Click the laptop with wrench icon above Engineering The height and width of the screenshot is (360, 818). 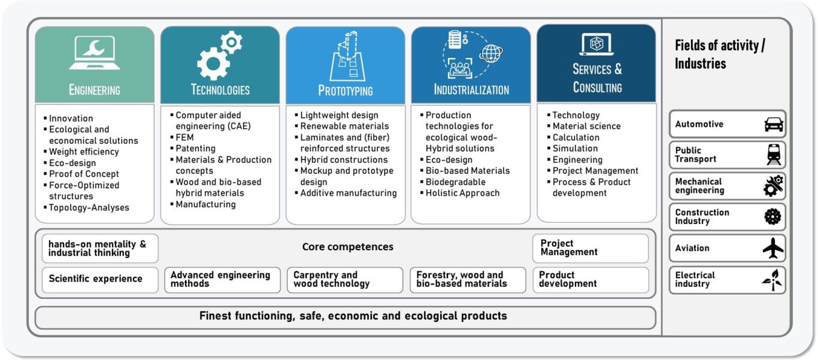94,52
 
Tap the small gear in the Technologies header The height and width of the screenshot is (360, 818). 231,42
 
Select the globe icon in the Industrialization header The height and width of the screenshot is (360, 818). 491,53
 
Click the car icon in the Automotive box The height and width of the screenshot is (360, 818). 774,124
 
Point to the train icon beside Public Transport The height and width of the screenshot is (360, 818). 774,155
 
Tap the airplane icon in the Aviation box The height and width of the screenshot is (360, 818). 773,248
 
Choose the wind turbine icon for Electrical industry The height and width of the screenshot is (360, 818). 772,280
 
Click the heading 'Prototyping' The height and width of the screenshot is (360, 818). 346,90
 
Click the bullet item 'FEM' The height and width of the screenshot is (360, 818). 184,138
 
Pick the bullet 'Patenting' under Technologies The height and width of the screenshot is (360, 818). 195,149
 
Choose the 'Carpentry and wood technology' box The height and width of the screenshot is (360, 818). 345,280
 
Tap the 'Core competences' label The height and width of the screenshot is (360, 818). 348,247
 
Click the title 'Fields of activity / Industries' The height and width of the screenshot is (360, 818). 719,55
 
